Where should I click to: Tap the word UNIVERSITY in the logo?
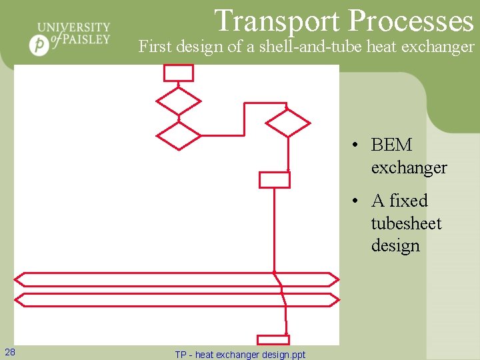[x=74, y=27]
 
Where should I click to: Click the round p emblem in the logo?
[x=39, y=45]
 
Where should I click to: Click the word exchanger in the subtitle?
[x=441, y=47]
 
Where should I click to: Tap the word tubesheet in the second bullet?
[x=406, y=223]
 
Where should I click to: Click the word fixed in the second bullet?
[x=409, y=201]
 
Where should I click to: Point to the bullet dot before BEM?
[x=357, y=145]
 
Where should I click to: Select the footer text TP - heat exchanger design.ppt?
[x=240, y=355]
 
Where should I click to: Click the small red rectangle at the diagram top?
[x=179, y=73]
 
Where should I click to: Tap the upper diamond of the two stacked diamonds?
[x=178, y=101]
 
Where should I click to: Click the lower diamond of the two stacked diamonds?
[x=178, y=135]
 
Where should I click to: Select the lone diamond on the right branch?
[x=287, y=123]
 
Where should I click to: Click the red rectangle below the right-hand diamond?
[x=274, y=179]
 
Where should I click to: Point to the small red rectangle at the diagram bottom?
[x=273, y=339]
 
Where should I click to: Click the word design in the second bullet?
[x=395, y=245]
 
